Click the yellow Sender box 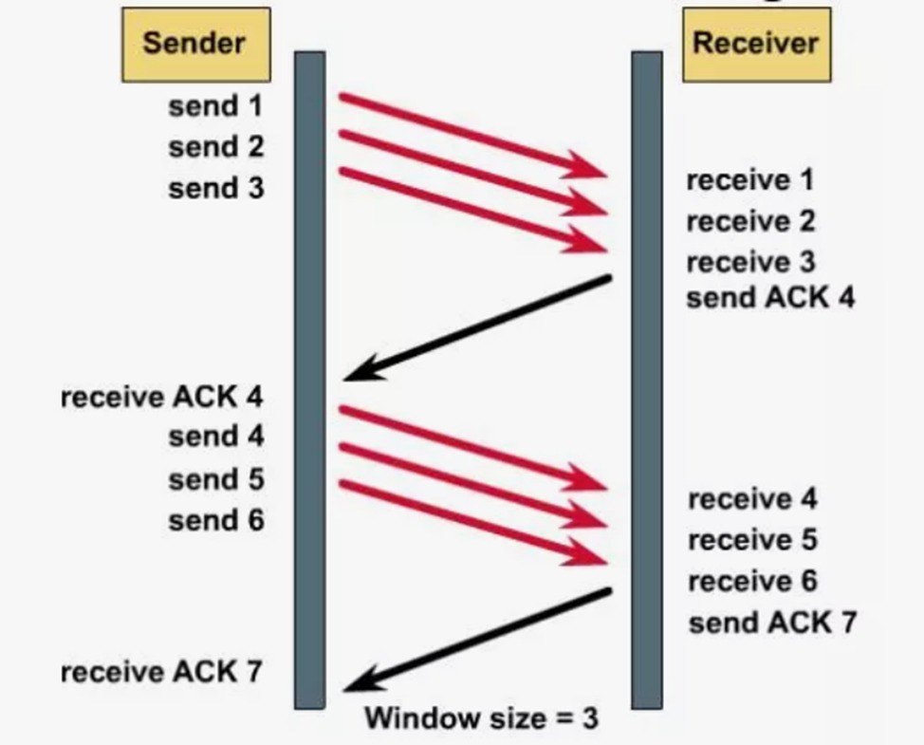coord(196,45)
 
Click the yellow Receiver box coord(757,45)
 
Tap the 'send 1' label coord(215,106)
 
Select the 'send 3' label coord(216,189)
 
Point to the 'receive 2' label coord(750,221)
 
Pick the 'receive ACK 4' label coord(161,397)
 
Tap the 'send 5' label coord(216,479)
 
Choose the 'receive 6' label coord(752,581)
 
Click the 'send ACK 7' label coord(772,623)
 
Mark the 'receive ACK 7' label coord(161,672)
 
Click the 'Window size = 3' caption coord(481,717)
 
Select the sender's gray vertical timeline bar coord(310,381)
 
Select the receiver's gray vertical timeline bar coord(647,381)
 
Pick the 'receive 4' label coord(752,499)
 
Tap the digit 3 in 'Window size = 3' coord(589,718)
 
